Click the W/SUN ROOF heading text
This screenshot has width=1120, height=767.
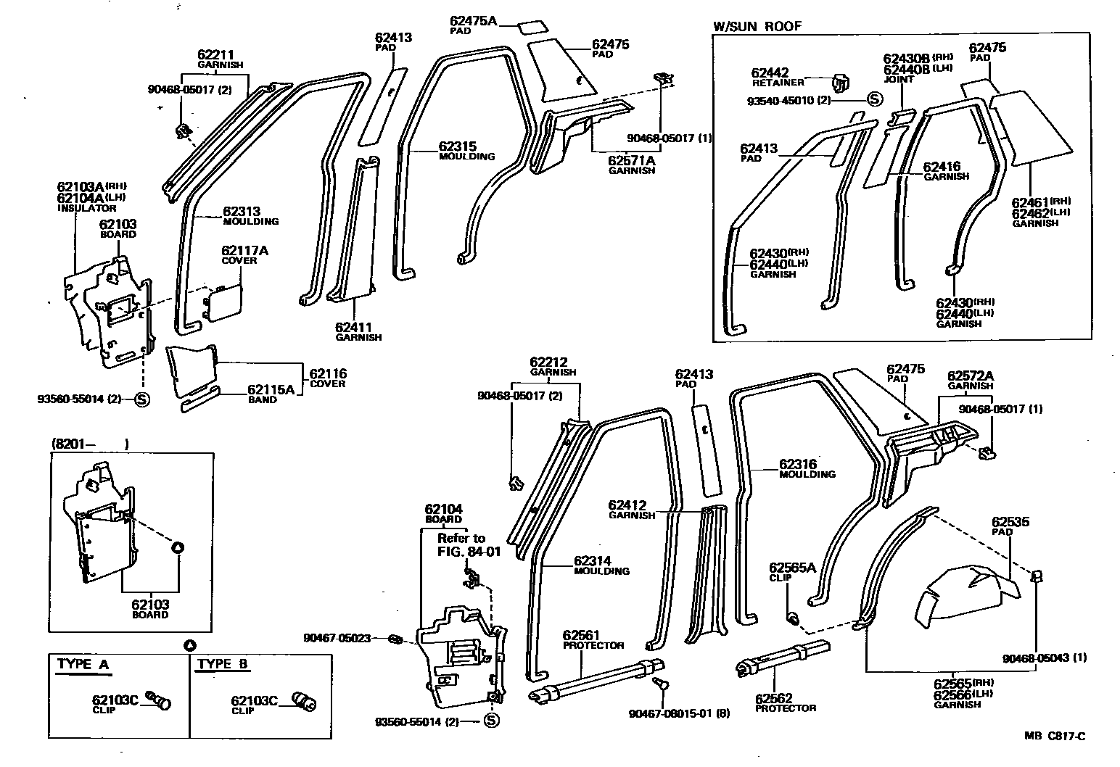click(x=757, y=26)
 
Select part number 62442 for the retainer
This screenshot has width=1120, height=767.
click(x=770, y=72)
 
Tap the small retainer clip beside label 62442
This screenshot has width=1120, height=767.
click(x=840, y=82)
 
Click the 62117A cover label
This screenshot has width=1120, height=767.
click(x=244, y=251)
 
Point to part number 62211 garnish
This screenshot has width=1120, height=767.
click(x=216, y=54)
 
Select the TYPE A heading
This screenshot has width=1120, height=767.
click(x=84, y=664)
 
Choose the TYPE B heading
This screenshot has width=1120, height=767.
click(x=223, y=664)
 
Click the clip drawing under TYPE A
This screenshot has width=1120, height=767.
click(x=160, y=700)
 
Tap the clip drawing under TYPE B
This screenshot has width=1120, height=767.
click(x=302, y=700)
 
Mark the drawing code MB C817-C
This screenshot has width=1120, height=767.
click(x=1055, y=737)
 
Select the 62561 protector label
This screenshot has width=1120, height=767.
click(x=581, y=635)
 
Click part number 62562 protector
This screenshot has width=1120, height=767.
click(x=775, y=698)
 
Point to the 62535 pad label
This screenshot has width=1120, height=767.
click(x=1010, y=522)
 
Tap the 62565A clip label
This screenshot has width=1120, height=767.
click(x=792, y=568)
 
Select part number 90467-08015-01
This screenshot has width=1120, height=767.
click(x=670, y=713)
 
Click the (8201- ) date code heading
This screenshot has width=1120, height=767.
click(x=89, y=444)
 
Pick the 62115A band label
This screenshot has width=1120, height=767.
click(x=271, y=389)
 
